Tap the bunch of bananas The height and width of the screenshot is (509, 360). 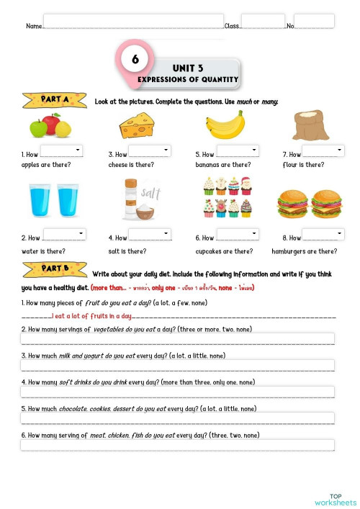coord(225,125)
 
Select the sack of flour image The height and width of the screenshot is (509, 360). coord(310,125)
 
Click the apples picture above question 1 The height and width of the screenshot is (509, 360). coord(50,126)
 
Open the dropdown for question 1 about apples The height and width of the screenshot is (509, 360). coord(62,150)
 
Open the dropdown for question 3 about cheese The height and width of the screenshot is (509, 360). coord(150,150)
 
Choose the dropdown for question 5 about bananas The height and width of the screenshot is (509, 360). coord(237,150)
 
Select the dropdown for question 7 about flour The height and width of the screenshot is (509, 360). coord(322,150)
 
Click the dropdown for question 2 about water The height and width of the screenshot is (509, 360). coord(64,234)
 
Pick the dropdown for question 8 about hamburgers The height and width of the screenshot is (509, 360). coord(322,234)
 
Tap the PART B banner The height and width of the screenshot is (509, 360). coord(55,271)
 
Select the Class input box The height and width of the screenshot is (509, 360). coord(263,21)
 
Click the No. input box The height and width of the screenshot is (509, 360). coord(314,21)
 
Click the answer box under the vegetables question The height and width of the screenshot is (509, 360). coord(178,338)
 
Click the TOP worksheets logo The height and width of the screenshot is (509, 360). coord(335,499)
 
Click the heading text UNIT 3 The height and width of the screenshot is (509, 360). coord(188,68)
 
